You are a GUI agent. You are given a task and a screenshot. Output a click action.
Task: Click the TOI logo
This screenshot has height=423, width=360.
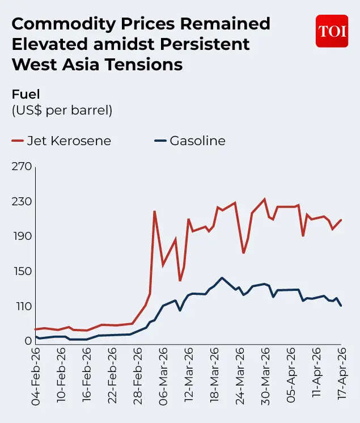click(332, 31)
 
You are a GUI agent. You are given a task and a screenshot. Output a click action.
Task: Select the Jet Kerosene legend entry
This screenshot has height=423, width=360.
click(62, 141)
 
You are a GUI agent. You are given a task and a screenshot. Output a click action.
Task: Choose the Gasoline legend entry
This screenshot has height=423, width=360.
click(190, 141)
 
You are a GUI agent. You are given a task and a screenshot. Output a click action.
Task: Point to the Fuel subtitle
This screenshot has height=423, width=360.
click(26, 94)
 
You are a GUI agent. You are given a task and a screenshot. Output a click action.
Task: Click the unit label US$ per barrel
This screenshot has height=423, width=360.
click(62, 110)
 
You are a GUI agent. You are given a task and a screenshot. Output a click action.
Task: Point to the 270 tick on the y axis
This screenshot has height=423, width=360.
click(21, 167)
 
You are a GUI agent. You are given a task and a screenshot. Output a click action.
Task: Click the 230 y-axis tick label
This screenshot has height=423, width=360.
click(21, 202)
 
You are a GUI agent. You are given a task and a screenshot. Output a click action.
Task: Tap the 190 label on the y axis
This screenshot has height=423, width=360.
click(21, 236)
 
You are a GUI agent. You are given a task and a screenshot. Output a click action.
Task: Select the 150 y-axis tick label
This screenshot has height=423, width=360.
click(21, 271)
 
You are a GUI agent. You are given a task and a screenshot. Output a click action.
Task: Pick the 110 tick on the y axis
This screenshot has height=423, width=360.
click(21, 306)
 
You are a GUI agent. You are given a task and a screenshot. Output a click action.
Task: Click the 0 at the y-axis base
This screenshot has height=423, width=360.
click(27, 341)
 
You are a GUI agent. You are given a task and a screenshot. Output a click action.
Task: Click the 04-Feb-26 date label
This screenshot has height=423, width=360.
click(36, 375)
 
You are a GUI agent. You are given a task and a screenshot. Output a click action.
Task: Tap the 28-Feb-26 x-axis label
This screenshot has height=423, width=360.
click(138, 375)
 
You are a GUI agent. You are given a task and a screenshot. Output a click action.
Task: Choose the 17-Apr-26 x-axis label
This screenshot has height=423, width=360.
click(341, 375)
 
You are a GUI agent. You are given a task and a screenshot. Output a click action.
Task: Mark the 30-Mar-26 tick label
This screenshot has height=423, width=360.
click(265, 375)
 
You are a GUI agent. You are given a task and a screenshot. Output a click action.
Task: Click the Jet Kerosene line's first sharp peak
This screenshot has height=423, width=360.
click(154, 212)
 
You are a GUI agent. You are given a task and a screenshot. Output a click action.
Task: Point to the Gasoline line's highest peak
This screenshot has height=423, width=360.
click(222, 278)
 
